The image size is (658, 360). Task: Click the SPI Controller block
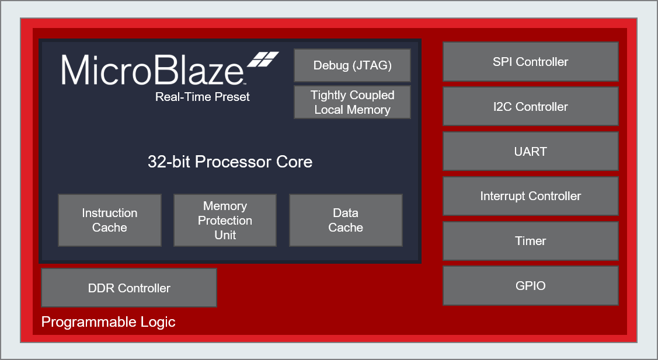(530, 61)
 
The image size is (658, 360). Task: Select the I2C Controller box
(530, 106)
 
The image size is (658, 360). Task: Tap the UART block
(530, 151)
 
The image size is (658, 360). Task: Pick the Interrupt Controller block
(530, 196)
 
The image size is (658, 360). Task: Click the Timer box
(530, 240)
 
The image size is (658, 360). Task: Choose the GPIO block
(530, 285)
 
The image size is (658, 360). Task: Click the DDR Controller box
(129, 288)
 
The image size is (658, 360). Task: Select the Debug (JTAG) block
(352, 65)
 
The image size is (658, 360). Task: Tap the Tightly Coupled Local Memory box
(352, 102)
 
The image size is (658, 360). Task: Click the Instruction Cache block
(110, 220)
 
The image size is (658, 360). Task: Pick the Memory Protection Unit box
(225, 220)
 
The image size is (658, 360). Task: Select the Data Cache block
(346, 220)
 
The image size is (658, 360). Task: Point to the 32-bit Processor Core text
(230, 162)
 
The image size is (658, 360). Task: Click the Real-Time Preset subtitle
(202, 97)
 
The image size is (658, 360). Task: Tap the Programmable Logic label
(109, 322)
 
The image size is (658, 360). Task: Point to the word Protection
(225, 221)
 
